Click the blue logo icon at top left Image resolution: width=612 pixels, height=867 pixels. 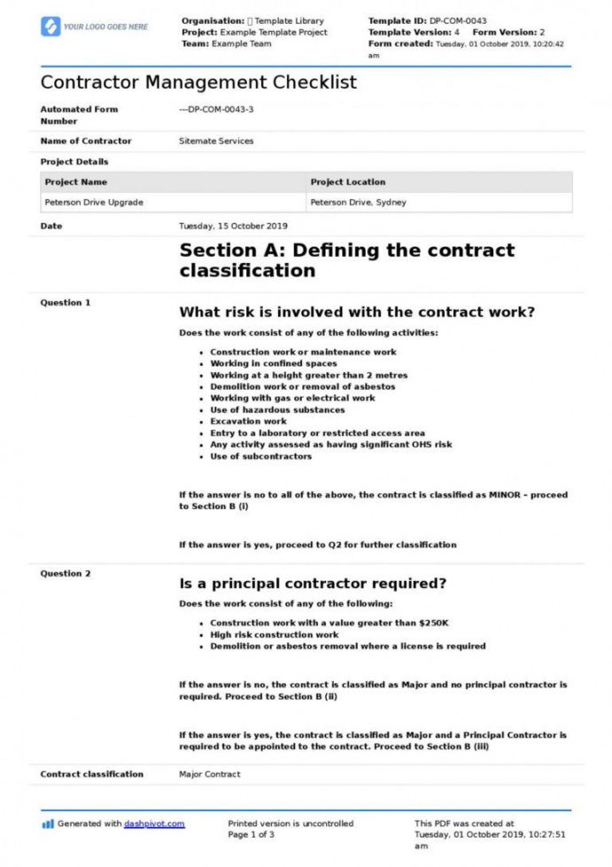pos(50,27)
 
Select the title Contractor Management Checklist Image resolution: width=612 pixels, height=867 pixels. pos(198,82)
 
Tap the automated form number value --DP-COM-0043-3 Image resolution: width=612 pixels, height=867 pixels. pos(216,110)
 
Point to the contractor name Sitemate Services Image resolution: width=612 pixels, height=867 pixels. pos(216,141)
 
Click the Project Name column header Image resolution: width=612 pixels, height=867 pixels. pos(76,182)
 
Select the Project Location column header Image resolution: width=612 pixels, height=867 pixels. pos(348,182)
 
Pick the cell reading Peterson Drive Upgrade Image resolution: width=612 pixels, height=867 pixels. pos(94,203)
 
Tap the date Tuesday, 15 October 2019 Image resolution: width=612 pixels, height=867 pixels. pos(233,226)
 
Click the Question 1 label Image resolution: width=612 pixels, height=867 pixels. pos(66,303)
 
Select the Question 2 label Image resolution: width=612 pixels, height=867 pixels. pos(66,574)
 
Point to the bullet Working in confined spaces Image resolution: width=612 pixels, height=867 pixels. pos(273,363)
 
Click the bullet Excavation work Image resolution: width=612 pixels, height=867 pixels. pos(248,422)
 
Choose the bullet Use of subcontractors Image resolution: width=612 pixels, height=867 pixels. pos(260,456)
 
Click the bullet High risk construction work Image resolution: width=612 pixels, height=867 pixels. pos(274,635)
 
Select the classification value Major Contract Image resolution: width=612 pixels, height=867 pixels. pos(210,774)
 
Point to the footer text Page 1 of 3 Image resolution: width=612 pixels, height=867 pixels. pos(251,834)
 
